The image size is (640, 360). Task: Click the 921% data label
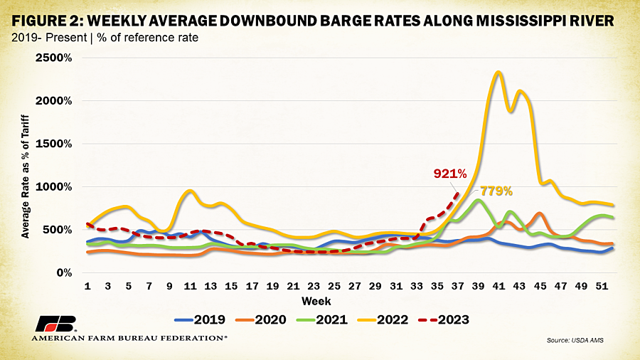(450, 174)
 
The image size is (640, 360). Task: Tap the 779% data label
(496, 191)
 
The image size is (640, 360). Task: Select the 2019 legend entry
(200, 319)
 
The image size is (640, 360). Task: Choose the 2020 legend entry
(261, 319)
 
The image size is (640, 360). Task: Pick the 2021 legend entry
(322, 319)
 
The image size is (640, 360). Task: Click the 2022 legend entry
(383, 319)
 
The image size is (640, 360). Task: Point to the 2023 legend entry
(444, 319)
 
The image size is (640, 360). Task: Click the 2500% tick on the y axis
(53, 58)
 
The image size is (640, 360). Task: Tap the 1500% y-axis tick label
(53, 144)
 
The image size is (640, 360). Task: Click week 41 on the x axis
(498, 286)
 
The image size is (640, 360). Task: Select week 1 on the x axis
(87, 286)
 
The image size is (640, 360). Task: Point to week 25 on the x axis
(334, 286)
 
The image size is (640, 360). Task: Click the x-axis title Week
(316, 302)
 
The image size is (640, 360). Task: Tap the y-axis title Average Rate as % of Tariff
(26, 176)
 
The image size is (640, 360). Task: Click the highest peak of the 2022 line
(498, 73)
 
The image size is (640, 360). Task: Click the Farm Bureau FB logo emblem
(56, 324)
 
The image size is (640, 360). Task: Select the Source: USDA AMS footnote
(575, 340)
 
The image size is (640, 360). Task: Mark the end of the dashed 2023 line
(458, 193)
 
